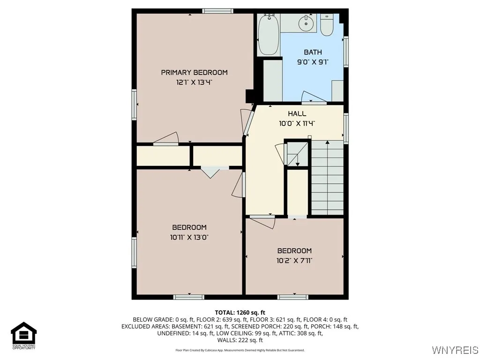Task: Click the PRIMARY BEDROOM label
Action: click(x=194, y=72)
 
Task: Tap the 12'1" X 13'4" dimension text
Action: click(x=194, y=82)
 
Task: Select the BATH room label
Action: click(x=313, y=52)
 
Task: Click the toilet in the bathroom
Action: click(x=327, y=26)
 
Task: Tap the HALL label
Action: click(x=297, y=113)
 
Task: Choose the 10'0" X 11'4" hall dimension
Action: click(x=297, y=123)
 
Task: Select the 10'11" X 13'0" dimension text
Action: click(x=189, y=237)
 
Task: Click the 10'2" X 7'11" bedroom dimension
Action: click(x=294, y=261)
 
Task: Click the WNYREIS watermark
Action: click(x=455, y=350)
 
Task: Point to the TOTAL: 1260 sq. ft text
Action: click(x=240, y=312)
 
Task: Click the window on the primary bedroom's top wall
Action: click(x=217, y=11)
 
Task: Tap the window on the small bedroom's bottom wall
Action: click(x=293, y=297)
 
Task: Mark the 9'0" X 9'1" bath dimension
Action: click(x=313, y=62)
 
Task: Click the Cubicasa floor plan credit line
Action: click(x=240, y=350)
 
